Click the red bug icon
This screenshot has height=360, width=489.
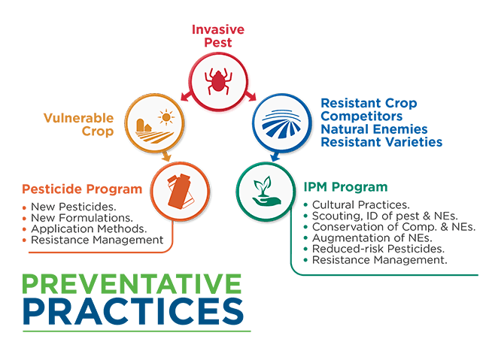tap(218, 82)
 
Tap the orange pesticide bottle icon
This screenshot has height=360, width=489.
tap(181, 192)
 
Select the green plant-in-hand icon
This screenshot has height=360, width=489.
tap(266, 192)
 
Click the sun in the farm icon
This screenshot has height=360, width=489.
tap(166, 117)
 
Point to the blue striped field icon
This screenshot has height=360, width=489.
tap(281, 124)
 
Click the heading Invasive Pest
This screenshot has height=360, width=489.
tap(218, 36)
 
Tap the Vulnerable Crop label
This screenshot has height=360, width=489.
tap(78, 125)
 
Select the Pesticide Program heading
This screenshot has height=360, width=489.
tap(82, 189)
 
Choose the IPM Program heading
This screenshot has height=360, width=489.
tap(345, 187)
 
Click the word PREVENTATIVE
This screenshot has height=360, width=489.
tap(132, 283)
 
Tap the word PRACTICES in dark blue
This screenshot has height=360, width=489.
tap(133, 311)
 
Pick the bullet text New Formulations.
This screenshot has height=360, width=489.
tap(82, 217)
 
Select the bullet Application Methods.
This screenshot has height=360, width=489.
tap(89, 228)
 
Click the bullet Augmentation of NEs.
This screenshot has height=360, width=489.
tap(372, 237)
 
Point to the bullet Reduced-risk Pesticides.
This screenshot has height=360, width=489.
tap(378, 249)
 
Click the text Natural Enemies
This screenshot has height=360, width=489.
tap(374, 129)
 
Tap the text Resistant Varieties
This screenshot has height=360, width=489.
tap(381, 142)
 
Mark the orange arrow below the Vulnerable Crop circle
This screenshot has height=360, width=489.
tap(166, 156)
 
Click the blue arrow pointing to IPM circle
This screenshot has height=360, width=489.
tap(275, 156)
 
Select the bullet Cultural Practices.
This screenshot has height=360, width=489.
tap(361, 204)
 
